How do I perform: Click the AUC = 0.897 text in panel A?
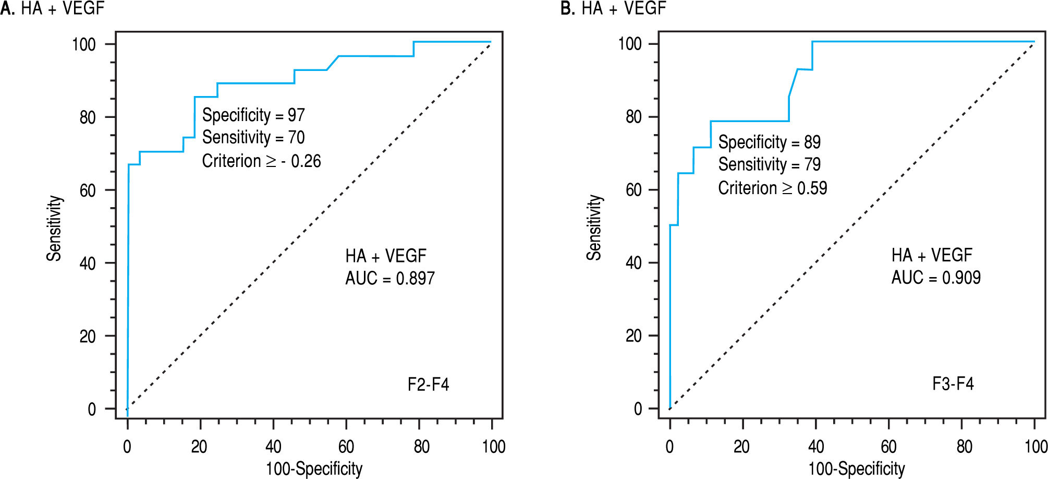click(389, 278)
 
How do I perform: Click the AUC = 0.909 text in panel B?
click(935, 277)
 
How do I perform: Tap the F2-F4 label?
click(428, 385)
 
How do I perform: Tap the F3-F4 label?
click(953, 384)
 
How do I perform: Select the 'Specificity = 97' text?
click(253, 115)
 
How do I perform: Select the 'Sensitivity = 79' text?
click(769, 164)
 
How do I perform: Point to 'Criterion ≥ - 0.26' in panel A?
click(261, 161)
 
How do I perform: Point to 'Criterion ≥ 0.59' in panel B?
click(772, 188)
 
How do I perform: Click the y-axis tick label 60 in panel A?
click(88, 190)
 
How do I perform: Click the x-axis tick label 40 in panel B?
click(816, 447)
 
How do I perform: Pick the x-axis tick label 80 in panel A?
click(421, 447)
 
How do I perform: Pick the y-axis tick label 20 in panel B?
click(633, 336)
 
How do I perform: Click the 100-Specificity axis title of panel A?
click(314, 469)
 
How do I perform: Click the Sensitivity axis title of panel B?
click(594, 227)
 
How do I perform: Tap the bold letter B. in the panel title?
click(567, 8)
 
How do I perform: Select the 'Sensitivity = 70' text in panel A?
click(253, 137)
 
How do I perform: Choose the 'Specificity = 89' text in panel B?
click(769, 142)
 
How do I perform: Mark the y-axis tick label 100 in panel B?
click(630, 44)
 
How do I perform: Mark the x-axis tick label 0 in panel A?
click(127, 447)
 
